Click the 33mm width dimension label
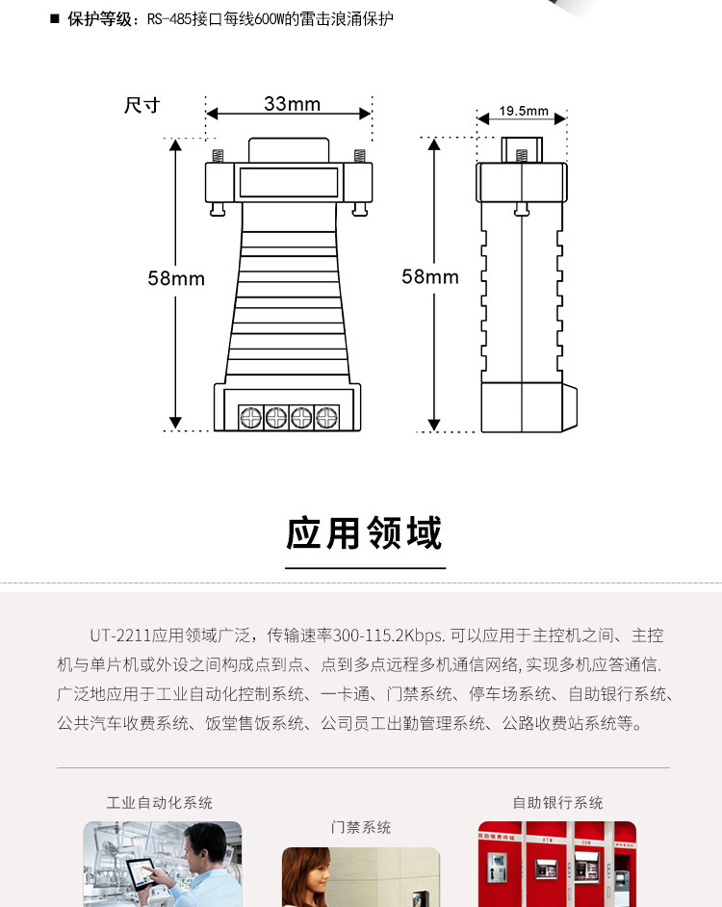(292, 104)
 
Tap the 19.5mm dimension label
(524, 111)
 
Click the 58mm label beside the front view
(176, 278)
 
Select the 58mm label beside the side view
(430, 276)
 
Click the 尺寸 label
(142, 105)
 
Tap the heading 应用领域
(365, 532)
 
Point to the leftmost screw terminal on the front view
(251, 417)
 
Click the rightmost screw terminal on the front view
(327, 417)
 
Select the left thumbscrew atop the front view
(218, 154)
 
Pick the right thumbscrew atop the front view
(359, 154)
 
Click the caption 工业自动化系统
(160, 802)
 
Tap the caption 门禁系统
(361, 827)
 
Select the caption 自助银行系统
(557, 802)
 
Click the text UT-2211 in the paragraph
(120, 635)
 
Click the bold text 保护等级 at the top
(104, 18)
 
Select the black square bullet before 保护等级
(55, 18)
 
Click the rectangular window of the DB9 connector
(289, 182)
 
